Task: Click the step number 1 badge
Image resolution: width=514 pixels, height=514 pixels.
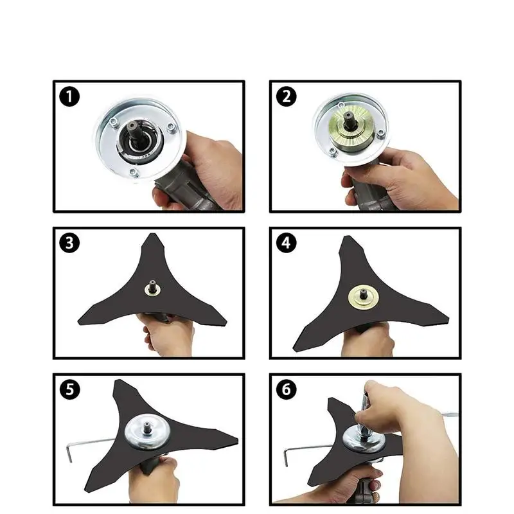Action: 69,96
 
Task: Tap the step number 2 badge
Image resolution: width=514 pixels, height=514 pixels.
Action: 286,96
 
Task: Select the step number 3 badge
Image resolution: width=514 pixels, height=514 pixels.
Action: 69,243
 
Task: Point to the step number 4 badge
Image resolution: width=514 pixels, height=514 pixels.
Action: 286,243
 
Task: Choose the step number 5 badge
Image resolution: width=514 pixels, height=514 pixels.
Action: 69,389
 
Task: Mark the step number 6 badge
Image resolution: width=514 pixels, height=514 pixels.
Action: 286,389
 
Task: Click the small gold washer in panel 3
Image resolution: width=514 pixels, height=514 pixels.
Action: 153,290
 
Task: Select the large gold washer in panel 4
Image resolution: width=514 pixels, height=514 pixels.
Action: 363,297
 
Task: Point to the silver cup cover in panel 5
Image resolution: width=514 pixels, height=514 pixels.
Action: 147,431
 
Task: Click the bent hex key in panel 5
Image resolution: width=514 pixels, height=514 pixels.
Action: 89,444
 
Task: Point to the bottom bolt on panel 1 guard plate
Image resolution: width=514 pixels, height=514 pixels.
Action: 132,172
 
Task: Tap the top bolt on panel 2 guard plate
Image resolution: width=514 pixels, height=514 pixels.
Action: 341,105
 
